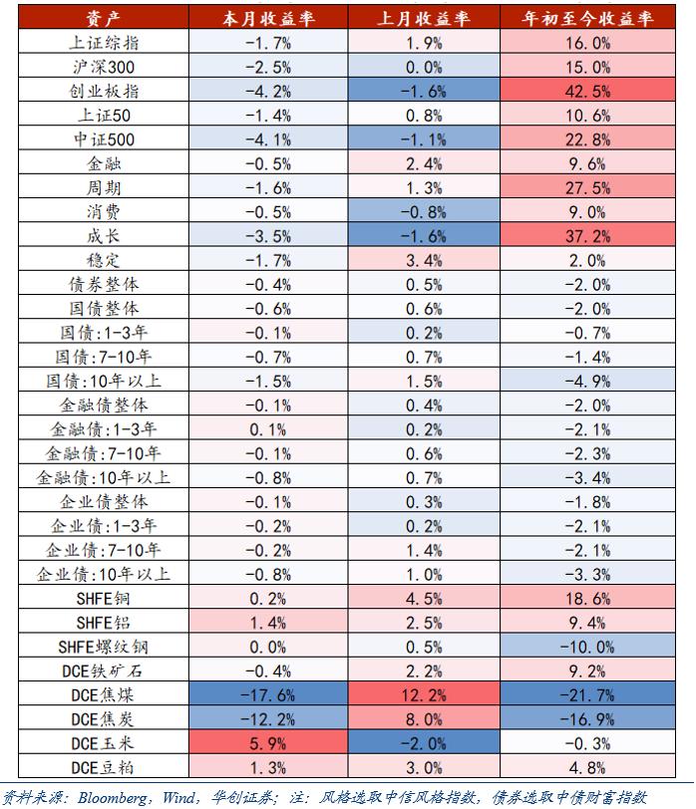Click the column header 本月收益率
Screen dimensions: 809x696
click(268, 19)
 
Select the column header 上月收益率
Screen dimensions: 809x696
click(424, 19)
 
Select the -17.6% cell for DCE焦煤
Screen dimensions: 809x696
click(268, 693)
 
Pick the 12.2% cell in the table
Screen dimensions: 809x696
click(424, 693)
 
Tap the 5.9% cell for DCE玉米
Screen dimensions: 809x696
click(268, 742)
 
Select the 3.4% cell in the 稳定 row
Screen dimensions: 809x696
click(424, 260)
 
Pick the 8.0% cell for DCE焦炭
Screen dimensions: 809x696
click(424, 718)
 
